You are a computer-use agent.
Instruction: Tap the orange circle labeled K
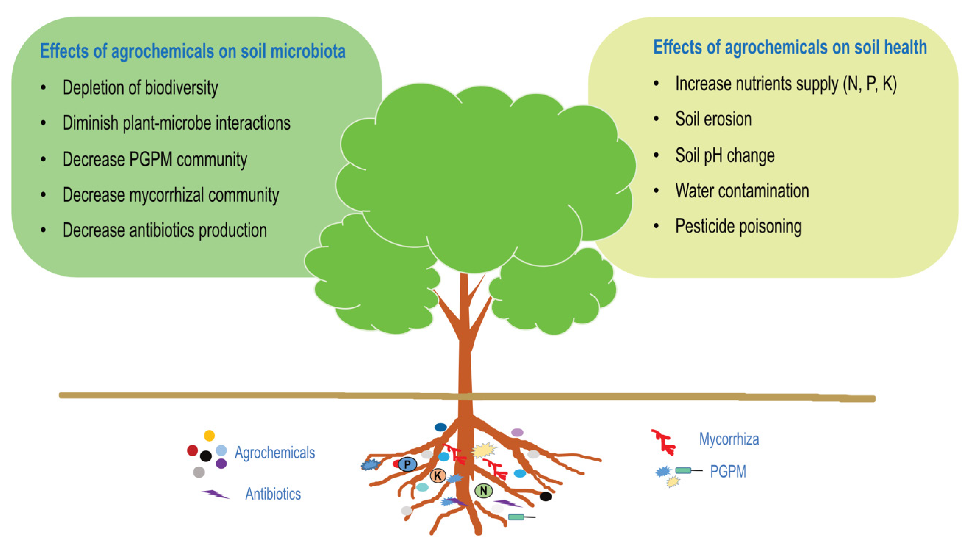[438, 475]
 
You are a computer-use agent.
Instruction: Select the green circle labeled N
[484, 490]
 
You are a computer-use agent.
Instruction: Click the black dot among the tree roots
[546, 497]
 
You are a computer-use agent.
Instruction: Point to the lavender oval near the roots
[517, 432]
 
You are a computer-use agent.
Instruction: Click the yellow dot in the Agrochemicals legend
[209, 436]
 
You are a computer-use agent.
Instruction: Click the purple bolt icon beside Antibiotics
[215, 494]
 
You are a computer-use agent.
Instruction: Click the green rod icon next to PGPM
[683, 470]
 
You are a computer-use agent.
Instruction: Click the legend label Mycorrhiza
[729, 439]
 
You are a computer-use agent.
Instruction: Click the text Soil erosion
[713, 119]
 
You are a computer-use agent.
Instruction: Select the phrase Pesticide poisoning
[738, 226]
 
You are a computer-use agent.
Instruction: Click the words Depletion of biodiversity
[140, 88]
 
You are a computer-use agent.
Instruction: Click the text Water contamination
[742, 191]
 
